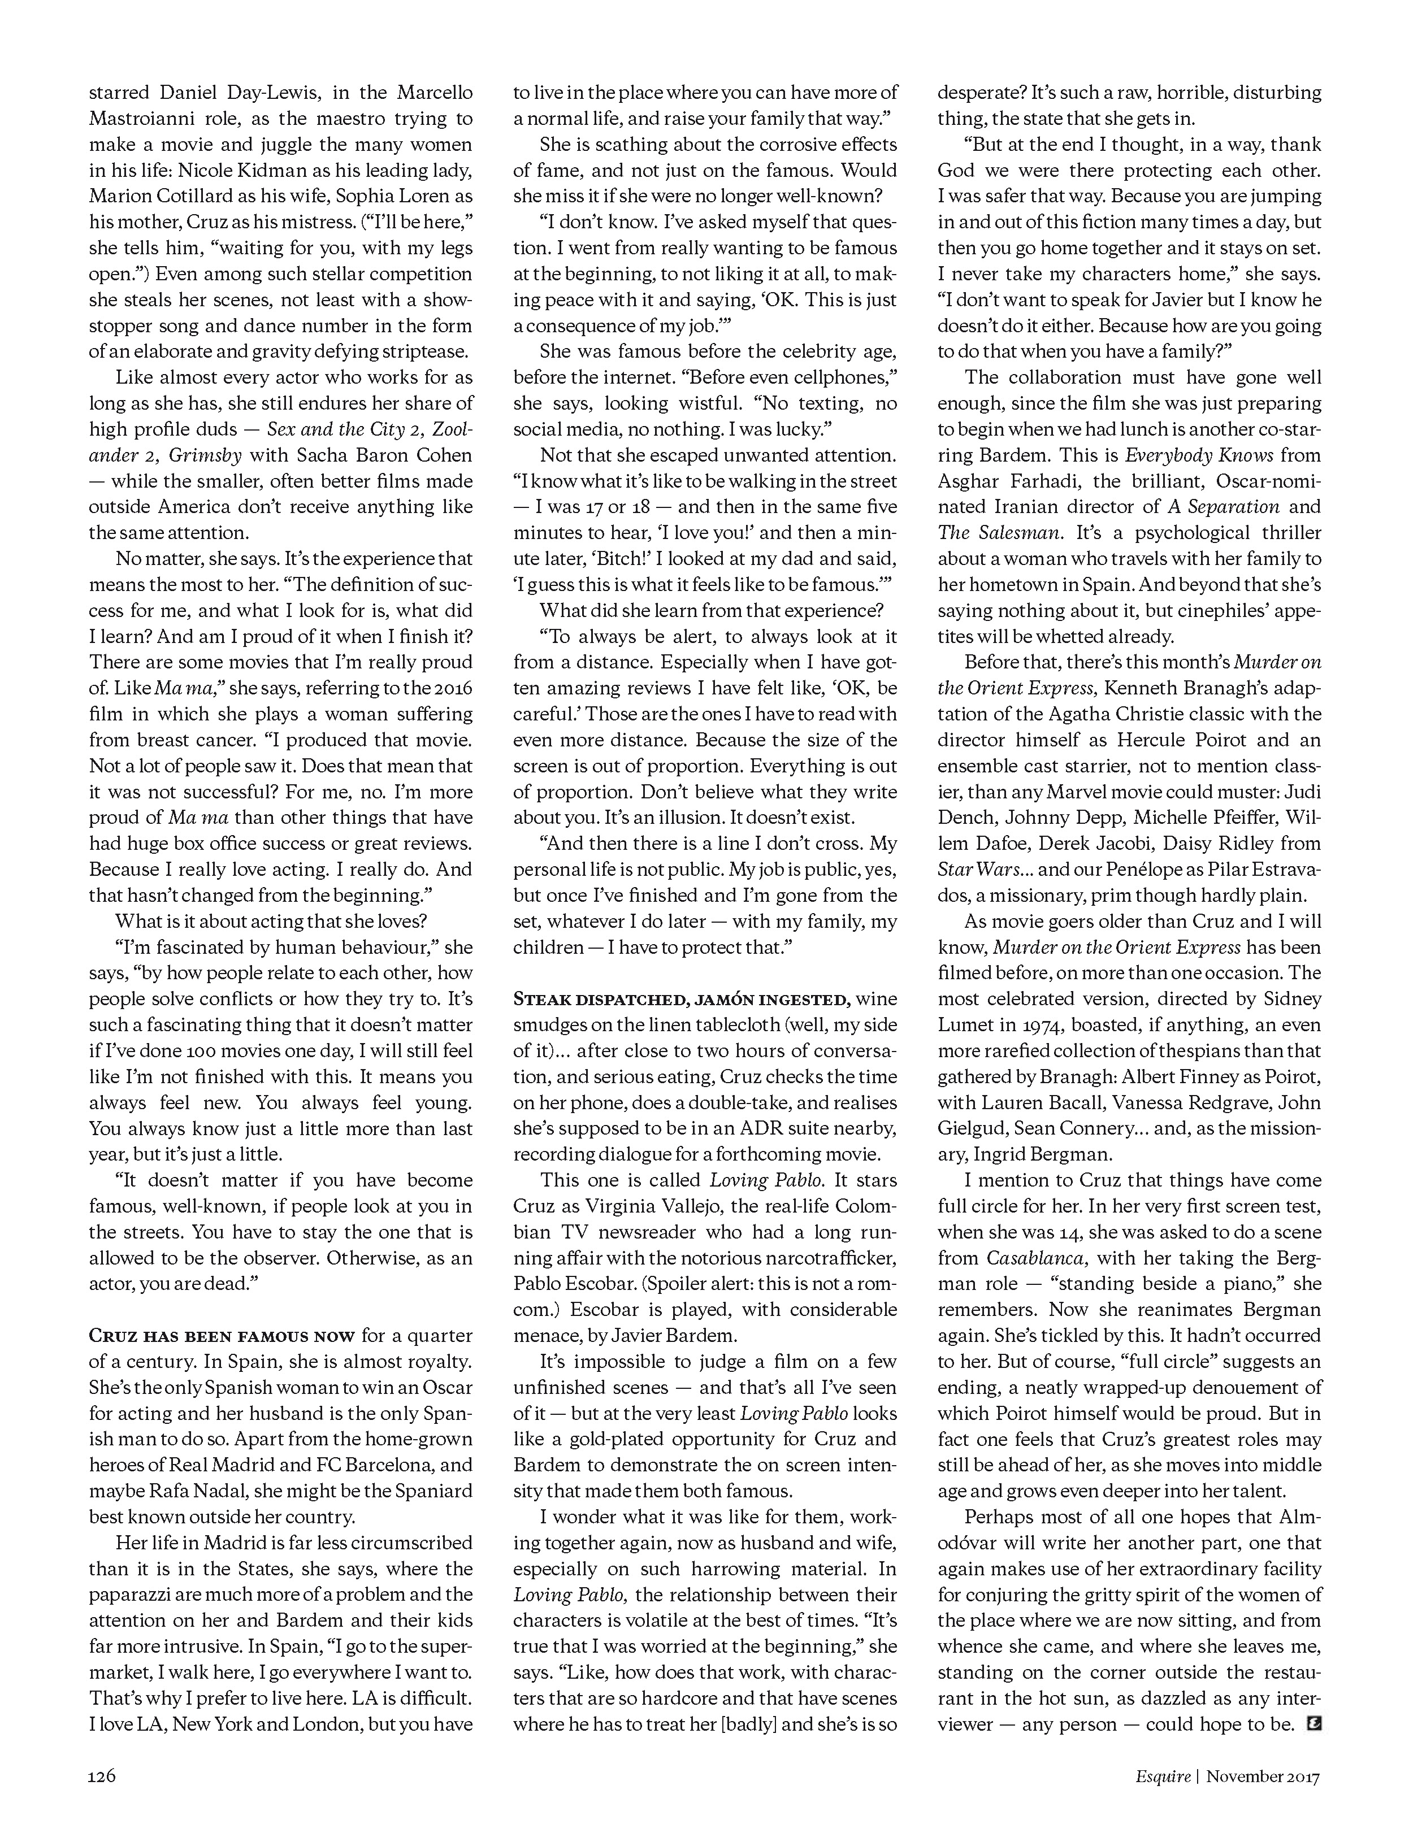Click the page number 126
click(x=102, y=1776)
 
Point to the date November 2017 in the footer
click(x=1263, y=1776)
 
